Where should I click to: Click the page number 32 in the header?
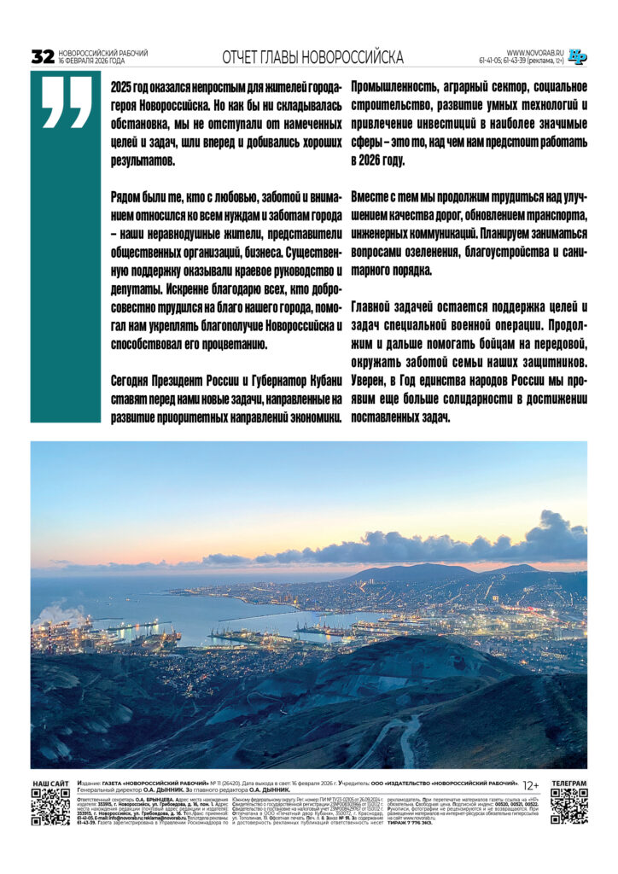(x=43, y=57)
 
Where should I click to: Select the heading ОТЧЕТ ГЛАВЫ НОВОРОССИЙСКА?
(x=312, y=57)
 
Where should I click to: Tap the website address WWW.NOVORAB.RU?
(x=535, y=52)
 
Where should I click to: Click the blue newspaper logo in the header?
(x=578, y=56)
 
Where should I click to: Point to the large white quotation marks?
(x=66, y=102)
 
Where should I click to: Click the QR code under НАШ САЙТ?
(x=50, y=807)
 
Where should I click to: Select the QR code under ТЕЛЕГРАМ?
(x=568, y=807)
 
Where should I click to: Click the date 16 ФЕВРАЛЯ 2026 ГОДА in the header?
(x=91, y=61)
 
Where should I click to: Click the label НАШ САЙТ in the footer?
(x=50, y=784)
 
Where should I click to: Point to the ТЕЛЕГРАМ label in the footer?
(x=568, y=784)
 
